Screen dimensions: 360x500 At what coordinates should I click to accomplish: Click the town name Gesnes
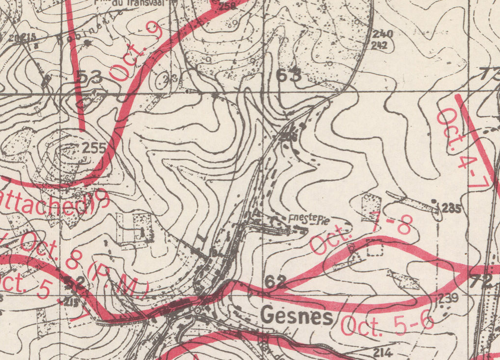coord(296,316)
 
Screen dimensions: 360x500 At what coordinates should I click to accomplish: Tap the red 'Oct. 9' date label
coord(131,54)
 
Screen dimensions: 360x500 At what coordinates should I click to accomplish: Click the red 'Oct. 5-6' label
coord(388,324)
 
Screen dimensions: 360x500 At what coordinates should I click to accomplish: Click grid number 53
coord(89,77)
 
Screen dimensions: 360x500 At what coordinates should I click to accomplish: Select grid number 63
coord(289,76)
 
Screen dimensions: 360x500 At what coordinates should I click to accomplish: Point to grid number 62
coord(275,281)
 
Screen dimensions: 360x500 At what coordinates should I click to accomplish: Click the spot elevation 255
coord(94,148)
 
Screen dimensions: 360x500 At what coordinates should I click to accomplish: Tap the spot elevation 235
coord(451,209)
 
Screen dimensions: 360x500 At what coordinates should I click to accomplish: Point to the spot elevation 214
coord(383,352)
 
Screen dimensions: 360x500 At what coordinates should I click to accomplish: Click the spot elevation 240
coord(382,34)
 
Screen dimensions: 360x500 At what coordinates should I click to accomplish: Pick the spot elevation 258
coord(226,6)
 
